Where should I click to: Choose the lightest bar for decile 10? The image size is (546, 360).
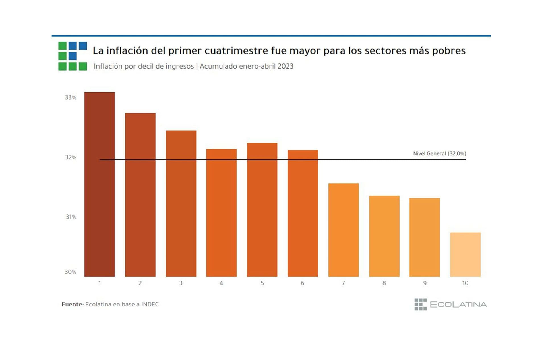(465, 254)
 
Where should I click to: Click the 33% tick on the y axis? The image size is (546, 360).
(71, 98)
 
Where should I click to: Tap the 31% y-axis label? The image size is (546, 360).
(71, 217)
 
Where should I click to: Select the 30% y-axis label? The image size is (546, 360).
(70, 272)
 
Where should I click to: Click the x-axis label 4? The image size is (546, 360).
(221, 283)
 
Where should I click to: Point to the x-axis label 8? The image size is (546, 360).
(384, 283)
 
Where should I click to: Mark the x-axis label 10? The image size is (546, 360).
(465, 283)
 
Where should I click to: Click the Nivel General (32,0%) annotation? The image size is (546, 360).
(439, 154)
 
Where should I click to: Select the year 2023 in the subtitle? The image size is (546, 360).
(285, 66)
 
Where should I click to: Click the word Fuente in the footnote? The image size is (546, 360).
(72, 304)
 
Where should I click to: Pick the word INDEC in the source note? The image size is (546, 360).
(150, 304)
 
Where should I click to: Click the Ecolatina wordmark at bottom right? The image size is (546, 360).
(458, 305)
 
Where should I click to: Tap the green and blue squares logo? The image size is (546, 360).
(73, 56)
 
